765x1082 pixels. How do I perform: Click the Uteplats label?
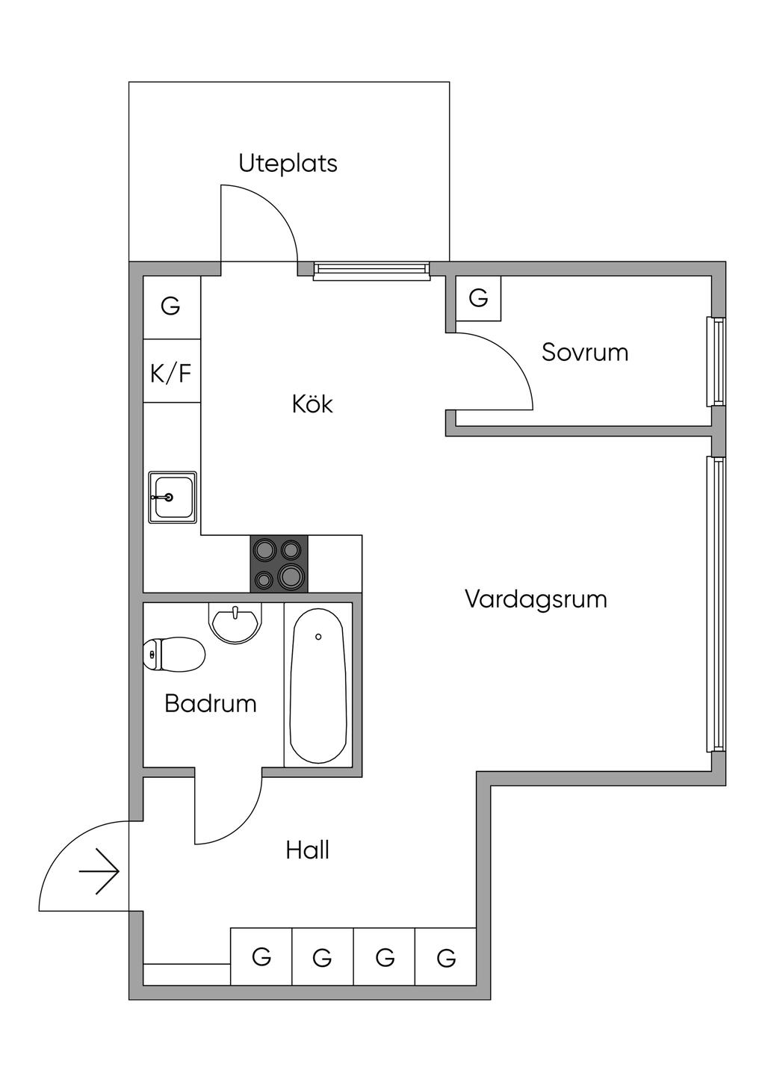point(288,163)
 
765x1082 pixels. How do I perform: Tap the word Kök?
point(312,404)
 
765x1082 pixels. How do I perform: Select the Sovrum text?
point(585,352)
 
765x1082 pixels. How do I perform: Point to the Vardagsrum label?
point(536,600)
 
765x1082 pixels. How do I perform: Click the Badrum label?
point(211,703)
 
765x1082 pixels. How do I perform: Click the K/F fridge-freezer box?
point(172,371)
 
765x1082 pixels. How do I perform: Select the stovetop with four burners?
point(279,563)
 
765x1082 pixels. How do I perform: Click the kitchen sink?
point(173,497)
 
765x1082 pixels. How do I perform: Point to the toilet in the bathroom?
point(174,654)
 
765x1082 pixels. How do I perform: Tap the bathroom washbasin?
point(235,622)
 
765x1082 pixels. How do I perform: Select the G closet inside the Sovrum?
point(478,298)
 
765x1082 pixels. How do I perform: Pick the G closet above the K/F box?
point(172,307)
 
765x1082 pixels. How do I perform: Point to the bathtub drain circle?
point(318,637)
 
